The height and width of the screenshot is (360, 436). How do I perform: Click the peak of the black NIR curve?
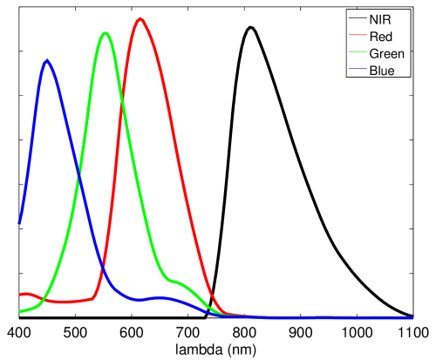(x=250, y=28)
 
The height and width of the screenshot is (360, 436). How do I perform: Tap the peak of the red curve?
(x=139, y=19)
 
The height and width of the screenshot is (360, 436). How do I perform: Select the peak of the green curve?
(x=105, y=33)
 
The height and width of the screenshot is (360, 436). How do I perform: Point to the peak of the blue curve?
(x=46, y=61)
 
